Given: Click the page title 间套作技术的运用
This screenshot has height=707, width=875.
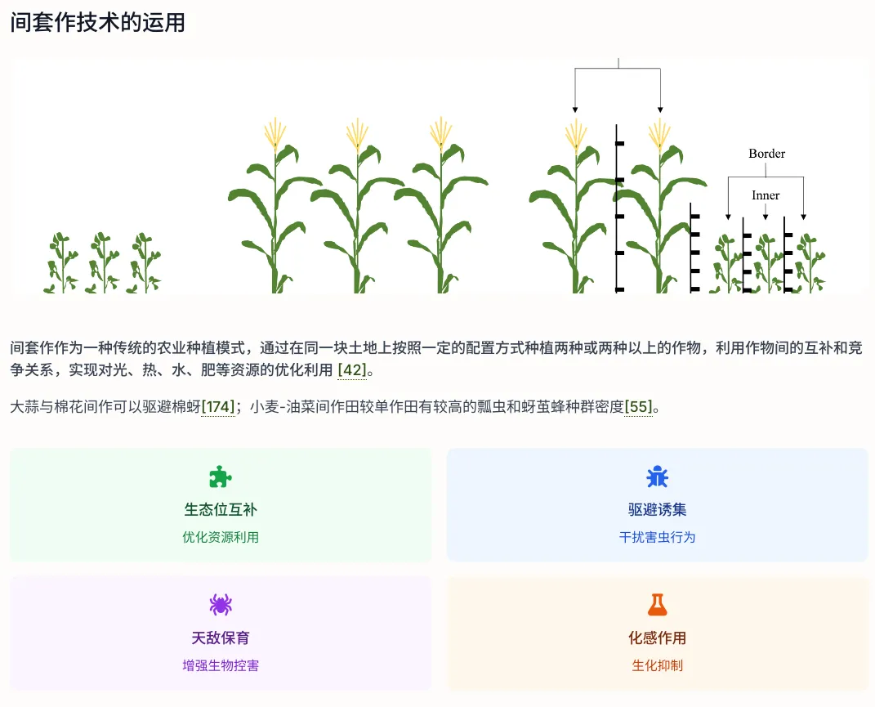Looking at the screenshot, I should (98, 22).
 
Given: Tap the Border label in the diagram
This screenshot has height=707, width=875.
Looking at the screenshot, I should (766, 154).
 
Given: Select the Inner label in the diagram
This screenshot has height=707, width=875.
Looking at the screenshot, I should (766, 195).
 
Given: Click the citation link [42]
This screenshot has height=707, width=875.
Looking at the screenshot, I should (352, 370).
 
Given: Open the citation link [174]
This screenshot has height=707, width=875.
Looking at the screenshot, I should (219, 406).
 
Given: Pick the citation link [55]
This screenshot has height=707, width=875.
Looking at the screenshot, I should (638, 406).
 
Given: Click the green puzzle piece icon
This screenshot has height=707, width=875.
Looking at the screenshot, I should (221, 477).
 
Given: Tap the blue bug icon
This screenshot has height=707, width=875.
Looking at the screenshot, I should (657, 477).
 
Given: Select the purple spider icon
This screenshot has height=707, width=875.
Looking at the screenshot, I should (221, 605).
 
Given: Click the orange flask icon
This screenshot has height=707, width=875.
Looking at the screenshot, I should (657, 605).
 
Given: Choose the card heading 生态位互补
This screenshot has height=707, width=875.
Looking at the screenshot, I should (221, 510).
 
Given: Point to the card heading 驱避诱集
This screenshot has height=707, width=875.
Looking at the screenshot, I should (657, 510).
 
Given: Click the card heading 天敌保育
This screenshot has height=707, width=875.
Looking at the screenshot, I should (221, 638).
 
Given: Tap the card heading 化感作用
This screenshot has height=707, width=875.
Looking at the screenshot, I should (657, 638).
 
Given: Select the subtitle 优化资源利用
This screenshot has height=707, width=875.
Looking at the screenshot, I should (221, 537).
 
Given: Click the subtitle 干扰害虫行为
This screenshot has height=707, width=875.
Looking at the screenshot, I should (657, 537).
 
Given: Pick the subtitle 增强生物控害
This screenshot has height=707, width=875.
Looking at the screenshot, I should (221, 665).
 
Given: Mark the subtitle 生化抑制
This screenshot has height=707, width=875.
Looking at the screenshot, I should (657, 665).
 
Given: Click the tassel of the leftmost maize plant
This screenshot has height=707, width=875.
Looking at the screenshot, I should (275, 133).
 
